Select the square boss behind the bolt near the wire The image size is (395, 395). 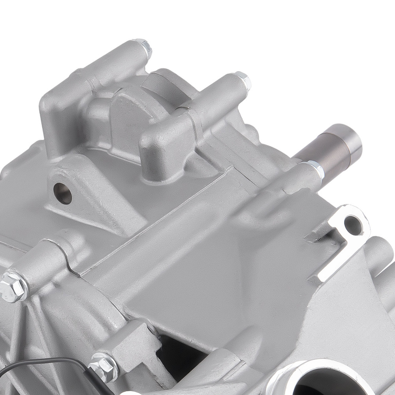126,344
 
